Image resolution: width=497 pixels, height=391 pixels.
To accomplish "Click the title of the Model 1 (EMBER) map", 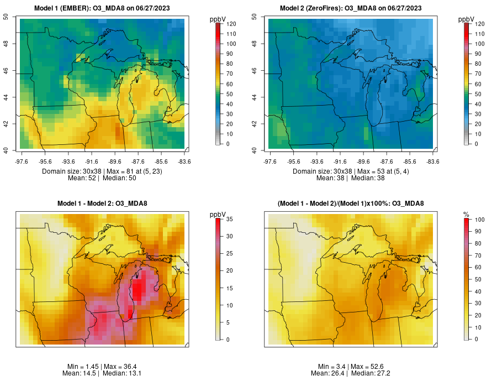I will (x=102, y=8).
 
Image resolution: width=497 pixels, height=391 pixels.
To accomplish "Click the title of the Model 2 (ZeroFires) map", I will (x=351, y=8).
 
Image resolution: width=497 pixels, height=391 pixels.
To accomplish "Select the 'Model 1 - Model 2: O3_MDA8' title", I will (x=102, y=204).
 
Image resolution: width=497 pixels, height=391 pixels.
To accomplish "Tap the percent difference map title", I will (x=351, y=204).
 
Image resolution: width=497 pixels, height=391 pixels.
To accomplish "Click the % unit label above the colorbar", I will (x=466, y=214).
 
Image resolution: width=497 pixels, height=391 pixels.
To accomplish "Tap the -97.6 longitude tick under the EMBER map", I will (x=22, y=161).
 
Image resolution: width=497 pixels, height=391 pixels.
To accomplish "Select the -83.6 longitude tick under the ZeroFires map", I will (x=433, y=161).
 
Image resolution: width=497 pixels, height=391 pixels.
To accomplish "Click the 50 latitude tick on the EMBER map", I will (x=6, y=17).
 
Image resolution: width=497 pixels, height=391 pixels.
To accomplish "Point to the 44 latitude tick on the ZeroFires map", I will (x=255, y=97).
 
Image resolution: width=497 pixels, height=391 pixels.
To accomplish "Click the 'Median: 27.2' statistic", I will (x=371, y=373).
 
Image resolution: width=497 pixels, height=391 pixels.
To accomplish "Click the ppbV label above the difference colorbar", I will (x=218, y=214).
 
